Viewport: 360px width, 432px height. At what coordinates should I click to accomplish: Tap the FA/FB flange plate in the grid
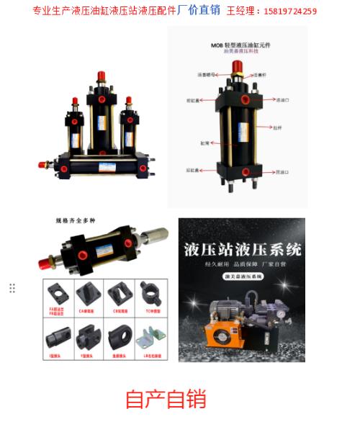[60, 293]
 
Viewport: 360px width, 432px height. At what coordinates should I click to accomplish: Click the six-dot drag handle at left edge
[12, 288]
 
